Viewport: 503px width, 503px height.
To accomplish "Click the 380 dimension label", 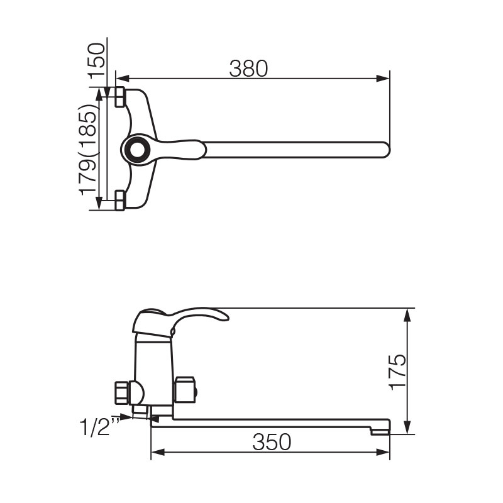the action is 248,69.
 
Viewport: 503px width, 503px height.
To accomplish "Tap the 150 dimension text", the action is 97,61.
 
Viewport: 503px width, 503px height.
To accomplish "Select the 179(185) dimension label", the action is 88,150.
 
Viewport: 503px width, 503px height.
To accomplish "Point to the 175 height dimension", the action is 397,372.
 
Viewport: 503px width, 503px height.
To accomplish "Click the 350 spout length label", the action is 272,442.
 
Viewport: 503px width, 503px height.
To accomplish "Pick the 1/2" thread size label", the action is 99,426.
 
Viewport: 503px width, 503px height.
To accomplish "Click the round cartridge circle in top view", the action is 138,149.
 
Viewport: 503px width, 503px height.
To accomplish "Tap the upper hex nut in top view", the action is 119,97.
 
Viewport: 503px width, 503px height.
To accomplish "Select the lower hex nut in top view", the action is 119,201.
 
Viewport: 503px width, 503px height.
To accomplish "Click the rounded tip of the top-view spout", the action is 387,150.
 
